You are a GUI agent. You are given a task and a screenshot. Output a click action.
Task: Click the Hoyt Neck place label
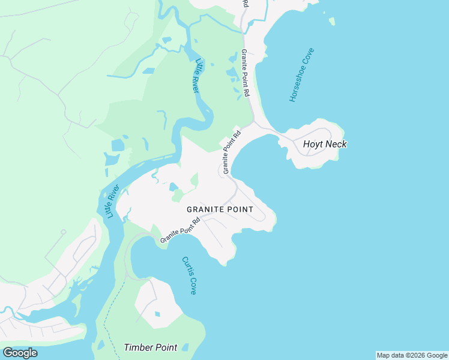click(325, 144)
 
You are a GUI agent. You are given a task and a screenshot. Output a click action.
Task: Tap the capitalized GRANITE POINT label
click(220, 209)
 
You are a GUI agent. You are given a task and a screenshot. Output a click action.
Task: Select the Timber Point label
click(150, 347)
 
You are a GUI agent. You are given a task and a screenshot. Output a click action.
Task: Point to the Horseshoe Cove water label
click(301, 75)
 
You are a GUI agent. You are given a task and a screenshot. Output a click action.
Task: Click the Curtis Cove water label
click(189, 275)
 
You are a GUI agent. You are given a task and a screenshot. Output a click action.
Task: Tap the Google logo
click(20, 353)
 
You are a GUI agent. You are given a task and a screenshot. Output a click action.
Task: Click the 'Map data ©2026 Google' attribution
click(412, 355)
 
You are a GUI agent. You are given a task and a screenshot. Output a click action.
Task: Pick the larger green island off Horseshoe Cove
click(332, 22)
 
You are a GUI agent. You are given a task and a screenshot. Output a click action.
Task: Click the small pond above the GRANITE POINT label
click(174, 187)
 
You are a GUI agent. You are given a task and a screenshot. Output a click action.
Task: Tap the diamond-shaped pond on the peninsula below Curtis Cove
click(157, 314)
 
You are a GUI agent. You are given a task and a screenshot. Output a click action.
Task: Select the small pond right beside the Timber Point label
click(185, 347)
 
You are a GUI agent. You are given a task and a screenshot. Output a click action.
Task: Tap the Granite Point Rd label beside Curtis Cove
click(180, 231)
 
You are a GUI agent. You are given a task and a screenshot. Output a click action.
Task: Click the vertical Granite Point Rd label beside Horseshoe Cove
click(245, 73)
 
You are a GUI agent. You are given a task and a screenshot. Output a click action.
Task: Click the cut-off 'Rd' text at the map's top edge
click(245, 4)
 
